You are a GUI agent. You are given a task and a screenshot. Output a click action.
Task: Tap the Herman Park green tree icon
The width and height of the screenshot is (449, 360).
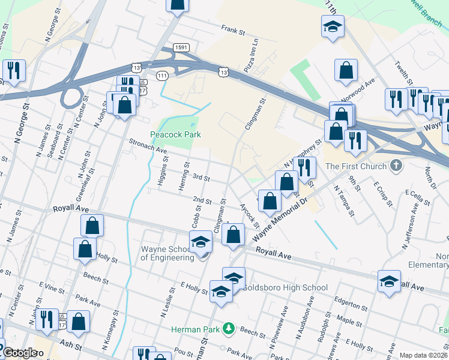[228, 328]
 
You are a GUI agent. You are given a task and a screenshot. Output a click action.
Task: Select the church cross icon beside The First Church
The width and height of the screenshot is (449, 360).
[396, 166]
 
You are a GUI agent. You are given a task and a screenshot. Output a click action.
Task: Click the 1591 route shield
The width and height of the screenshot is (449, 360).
[181, 47]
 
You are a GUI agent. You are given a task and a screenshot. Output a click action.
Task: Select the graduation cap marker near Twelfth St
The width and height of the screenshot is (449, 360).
[332, 26]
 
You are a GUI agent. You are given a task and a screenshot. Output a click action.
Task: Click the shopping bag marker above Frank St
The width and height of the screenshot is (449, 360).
[177, 4]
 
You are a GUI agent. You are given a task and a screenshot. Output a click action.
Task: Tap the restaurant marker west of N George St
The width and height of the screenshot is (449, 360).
[13, 71]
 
